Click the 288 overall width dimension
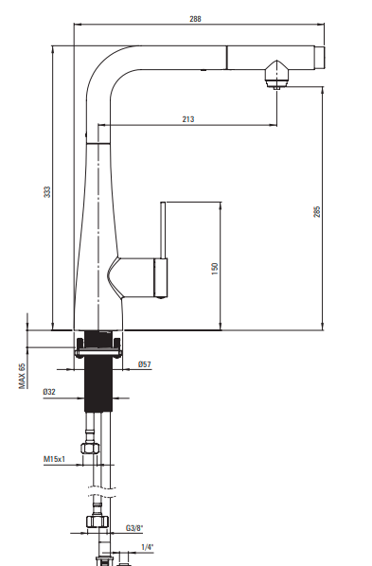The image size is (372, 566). pos(195,19)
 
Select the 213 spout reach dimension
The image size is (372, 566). pos(188,119)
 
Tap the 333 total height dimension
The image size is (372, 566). pos(47,192)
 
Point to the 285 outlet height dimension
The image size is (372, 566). pos(317,211)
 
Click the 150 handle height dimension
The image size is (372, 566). pos(215,269)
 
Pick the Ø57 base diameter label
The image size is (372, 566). pos(145,364)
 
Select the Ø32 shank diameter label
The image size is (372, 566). pos(49,392)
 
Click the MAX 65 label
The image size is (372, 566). pos(23,376)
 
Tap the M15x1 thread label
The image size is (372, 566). pos(55,459)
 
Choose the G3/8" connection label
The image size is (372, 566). pos(134,528)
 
